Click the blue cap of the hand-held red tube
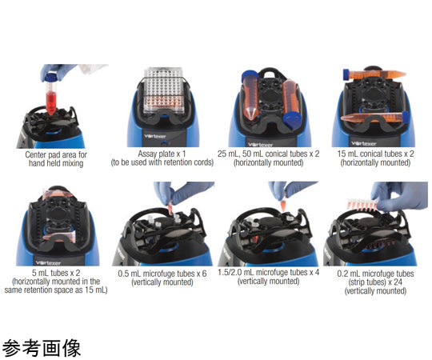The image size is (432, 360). pyautogui.click(x=51, y=77)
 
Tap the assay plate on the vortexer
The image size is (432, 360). pyautogui.click(x=164, y=91)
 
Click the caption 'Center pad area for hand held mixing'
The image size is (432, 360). pyautogui.click(x=56, y=159)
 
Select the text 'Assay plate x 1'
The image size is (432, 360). pyautogui.click(x=162, y=154)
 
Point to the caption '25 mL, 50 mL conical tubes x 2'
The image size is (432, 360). pyautogui.click(x=269, y=154)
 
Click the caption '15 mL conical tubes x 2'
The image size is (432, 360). pyautogui.click(x=375, y=154)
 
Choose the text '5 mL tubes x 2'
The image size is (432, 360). pyautogui.click(x=56, y=273)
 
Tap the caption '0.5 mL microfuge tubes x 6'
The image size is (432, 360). pyautogui.click(x=162, y=274)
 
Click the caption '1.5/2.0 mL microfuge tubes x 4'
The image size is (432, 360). pyautogui.click(x=269, y=273)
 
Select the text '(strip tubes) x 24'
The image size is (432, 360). pyautogui.click(x=375, y=282)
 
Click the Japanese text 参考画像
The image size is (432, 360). pyautogui.click(x=42, y=348)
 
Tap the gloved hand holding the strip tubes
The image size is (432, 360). pyautogui.click(x=399, y=195)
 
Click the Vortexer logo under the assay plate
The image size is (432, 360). pyautogui.click(x=154, y=136)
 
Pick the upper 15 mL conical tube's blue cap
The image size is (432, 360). pyautogui.click(x=346, y=74)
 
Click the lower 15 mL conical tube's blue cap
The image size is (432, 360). pyautogui.click(x=406, y=117)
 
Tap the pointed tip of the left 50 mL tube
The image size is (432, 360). pyautogui.click(x=250, y=117)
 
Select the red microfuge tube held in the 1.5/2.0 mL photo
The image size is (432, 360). pyautogui.click(x=283, y=206)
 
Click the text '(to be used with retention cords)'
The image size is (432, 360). pyautogui.click(x=162, y=162)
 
